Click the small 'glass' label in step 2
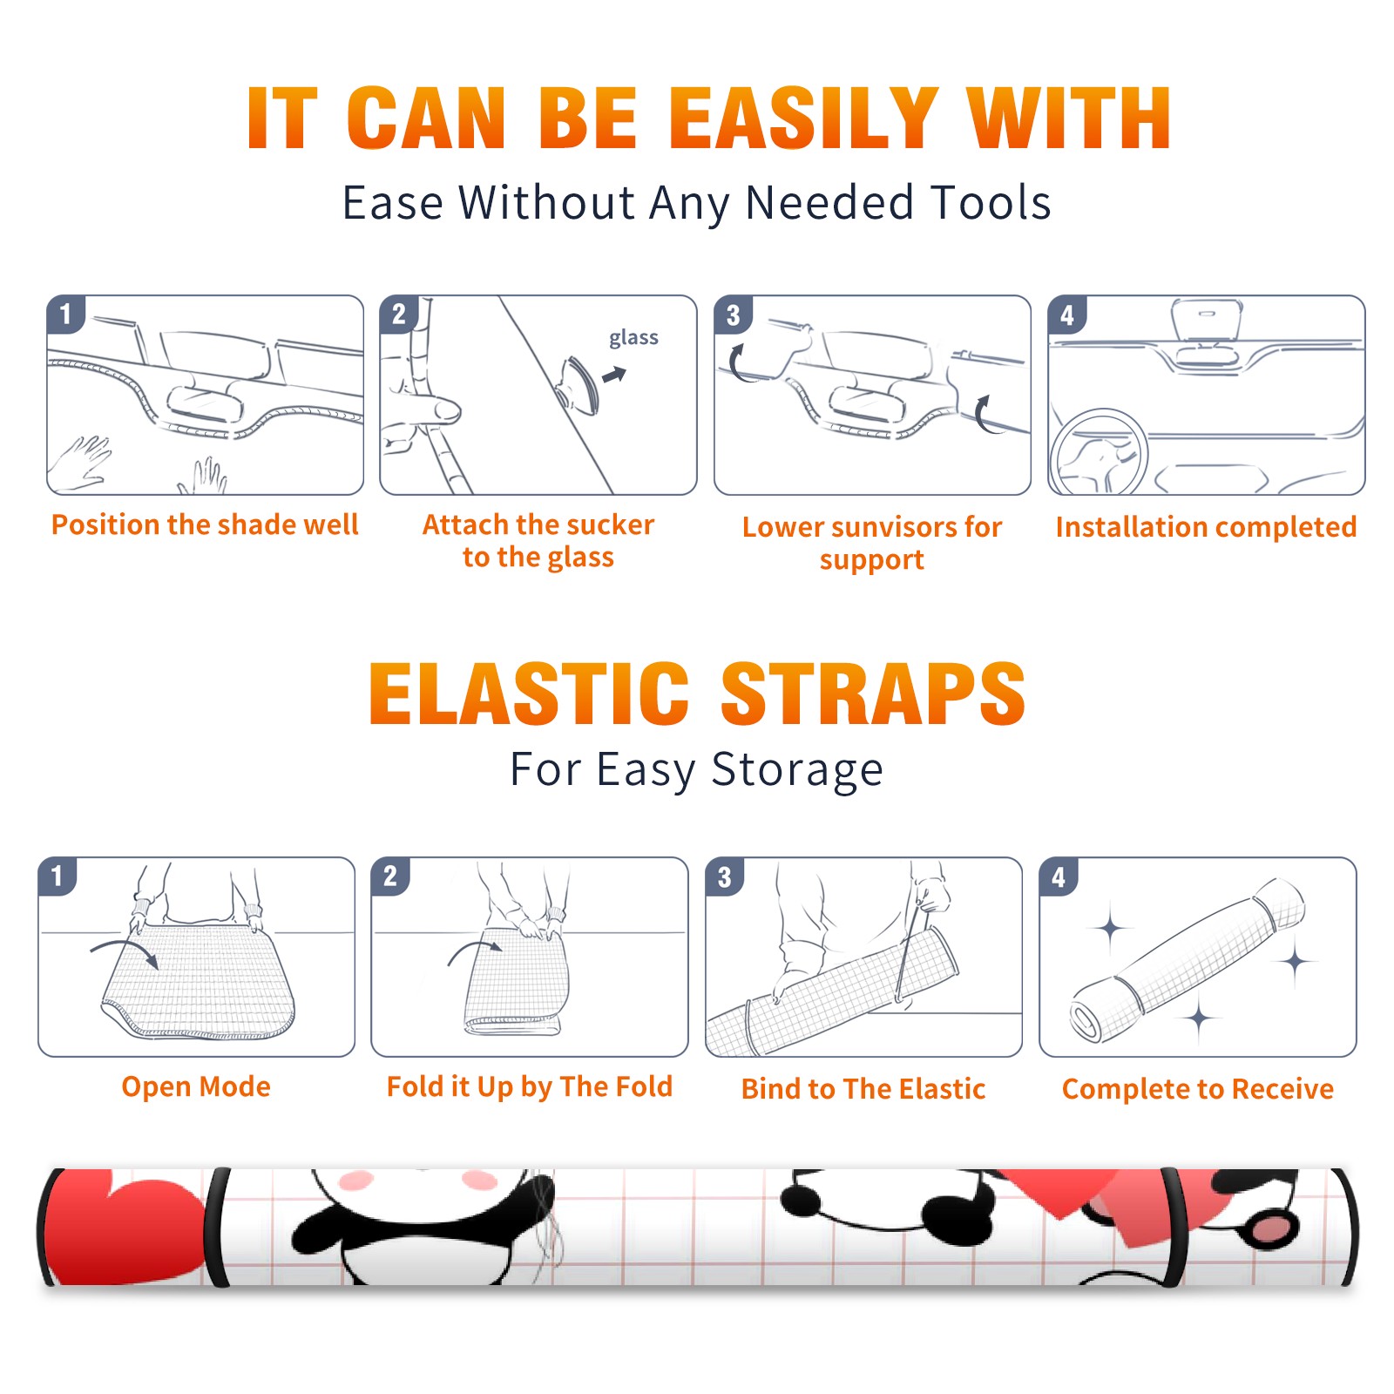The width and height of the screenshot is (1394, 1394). (x=633, y=338)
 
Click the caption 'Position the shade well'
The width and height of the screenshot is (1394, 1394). (x=205, y=524)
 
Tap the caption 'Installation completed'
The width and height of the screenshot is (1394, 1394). (x=1206, y=527)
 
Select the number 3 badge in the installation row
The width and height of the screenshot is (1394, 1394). (x=733, y=315)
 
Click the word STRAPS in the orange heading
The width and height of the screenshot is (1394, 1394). (x=873, y=694)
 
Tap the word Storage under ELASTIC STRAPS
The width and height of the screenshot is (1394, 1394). (x=797, y=770)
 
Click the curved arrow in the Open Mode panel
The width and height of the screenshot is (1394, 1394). (x=125, y=945)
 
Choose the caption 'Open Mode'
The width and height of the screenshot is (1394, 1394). (x=196, y=1086)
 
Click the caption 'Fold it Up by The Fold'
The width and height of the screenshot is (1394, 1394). (x=530, y=1086)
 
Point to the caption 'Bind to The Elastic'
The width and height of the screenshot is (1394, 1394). (x=863, y=1089)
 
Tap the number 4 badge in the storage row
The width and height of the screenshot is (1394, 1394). (x=1059, y=876)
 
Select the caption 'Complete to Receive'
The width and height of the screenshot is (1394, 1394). (x=1198, y=1089)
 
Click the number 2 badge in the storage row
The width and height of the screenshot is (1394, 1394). (x=390, y=876)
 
